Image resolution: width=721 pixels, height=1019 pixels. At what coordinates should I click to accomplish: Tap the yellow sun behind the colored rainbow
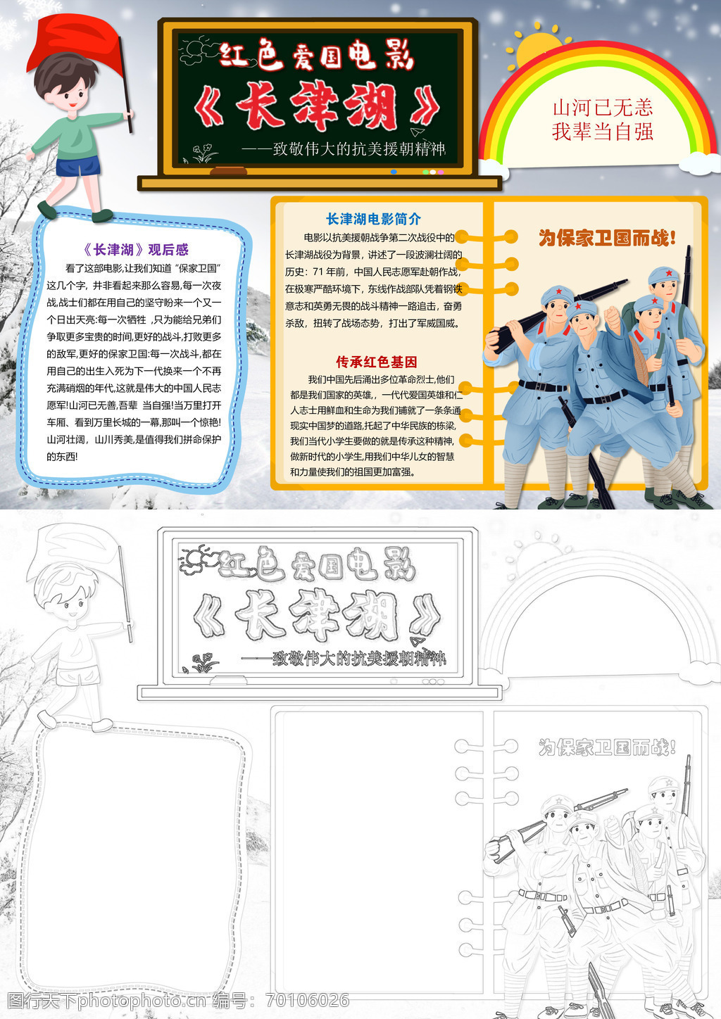(537, 48)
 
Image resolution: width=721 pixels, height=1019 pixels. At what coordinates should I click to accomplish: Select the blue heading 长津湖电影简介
(373, 220)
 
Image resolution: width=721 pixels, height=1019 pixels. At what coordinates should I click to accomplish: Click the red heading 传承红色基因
(377, 362)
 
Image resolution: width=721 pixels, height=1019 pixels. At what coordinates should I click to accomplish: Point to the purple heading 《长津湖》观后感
(136, 249)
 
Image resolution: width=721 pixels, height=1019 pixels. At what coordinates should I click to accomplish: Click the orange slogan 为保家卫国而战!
(607, 238)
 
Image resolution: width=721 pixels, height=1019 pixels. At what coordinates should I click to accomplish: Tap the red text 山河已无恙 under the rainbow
(603, 108)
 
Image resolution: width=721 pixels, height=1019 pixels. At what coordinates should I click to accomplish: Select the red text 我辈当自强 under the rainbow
(603, 132)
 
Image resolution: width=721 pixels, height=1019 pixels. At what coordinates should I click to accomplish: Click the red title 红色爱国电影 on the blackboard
(316, 56)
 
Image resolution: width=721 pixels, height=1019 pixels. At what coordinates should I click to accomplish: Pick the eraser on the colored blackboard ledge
(229, 171)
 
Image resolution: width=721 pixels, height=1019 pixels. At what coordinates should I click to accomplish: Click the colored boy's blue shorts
(78, 165)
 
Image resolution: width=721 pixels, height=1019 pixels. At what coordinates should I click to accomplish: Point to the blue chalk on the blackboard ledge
(394, 172)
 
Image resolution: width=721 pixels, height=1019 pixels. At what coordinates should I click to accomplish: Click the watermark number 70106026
(308, 1000)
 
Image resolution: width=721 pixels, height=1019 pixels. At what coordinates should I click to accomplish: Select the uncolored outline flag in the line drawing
(73, 552)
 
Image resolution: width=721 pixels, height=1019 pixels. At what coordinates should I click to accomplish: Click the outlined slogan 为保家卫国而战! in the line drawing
(607, 747)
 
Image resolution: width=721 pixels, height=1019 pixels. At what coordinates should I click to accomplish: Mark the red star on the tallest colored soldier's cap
(669, 273)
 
